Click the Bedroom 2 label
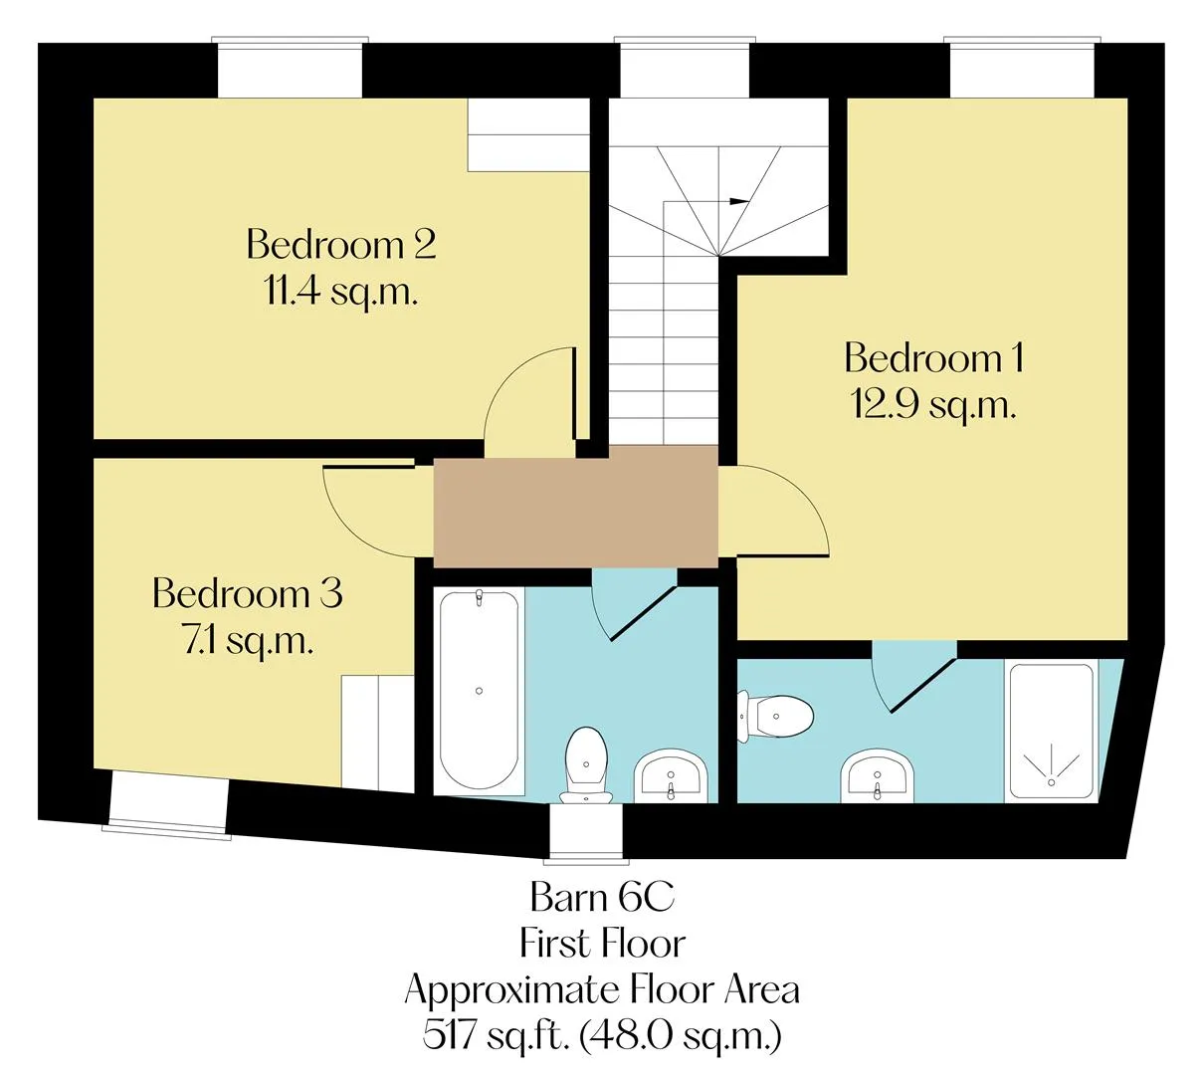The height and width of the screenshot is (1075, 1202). pos(341,244)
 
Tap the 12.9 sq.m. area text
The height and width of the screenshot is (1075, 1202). pos(933,407)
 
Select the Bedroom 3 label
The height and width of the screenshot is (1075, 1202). pos(248,593)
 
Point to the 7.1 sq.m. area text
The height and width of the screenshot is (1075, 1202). pos(248,642)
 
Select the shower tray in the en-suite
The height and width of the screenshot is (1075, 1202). pos(1052,733)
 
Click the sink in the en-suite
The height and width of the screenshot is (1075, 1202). pos(878,776)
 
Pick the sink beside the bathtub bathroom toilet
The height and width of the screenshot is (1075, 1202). pos(671,775)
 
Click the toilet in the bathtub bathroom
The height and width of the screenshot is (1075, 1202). pos(586,765)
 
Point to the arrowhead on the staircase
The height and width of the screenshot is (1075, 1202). pos(738,201)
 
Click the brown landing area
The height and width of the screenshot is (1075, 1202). pos(575,508)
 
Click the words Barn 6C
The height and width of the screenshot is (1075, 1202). pos(602,897)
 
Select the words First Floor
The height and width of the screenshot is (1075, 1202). pos(602,944)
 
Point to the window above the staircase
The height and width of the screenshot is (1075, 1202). pos(685,67)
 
